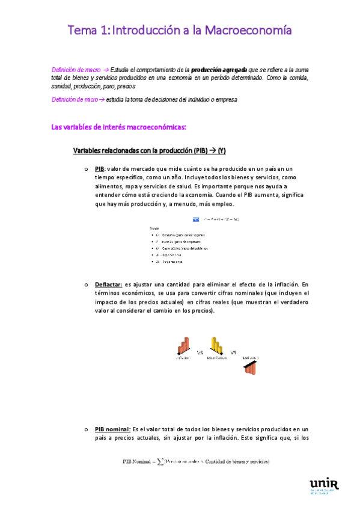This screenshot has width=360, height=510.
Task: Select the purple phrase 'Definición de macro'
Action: click(76, 70)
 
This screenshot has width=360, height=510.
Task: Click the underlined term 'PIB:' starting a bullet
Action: click(100, 169)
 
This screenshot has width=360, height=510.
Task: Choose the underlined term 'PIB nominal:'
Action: click(112, 429)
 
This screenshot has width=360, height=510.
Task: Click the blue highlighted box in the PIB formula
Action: click(196, 219)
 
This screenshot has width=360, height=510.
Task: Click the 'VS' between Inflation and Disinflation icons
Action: click(200, 352)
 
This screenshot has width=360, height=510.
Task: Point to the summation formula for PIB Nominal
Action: click(196, 462)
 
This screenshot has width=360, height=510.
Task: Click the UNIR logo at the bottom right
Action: click(323, 485)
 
